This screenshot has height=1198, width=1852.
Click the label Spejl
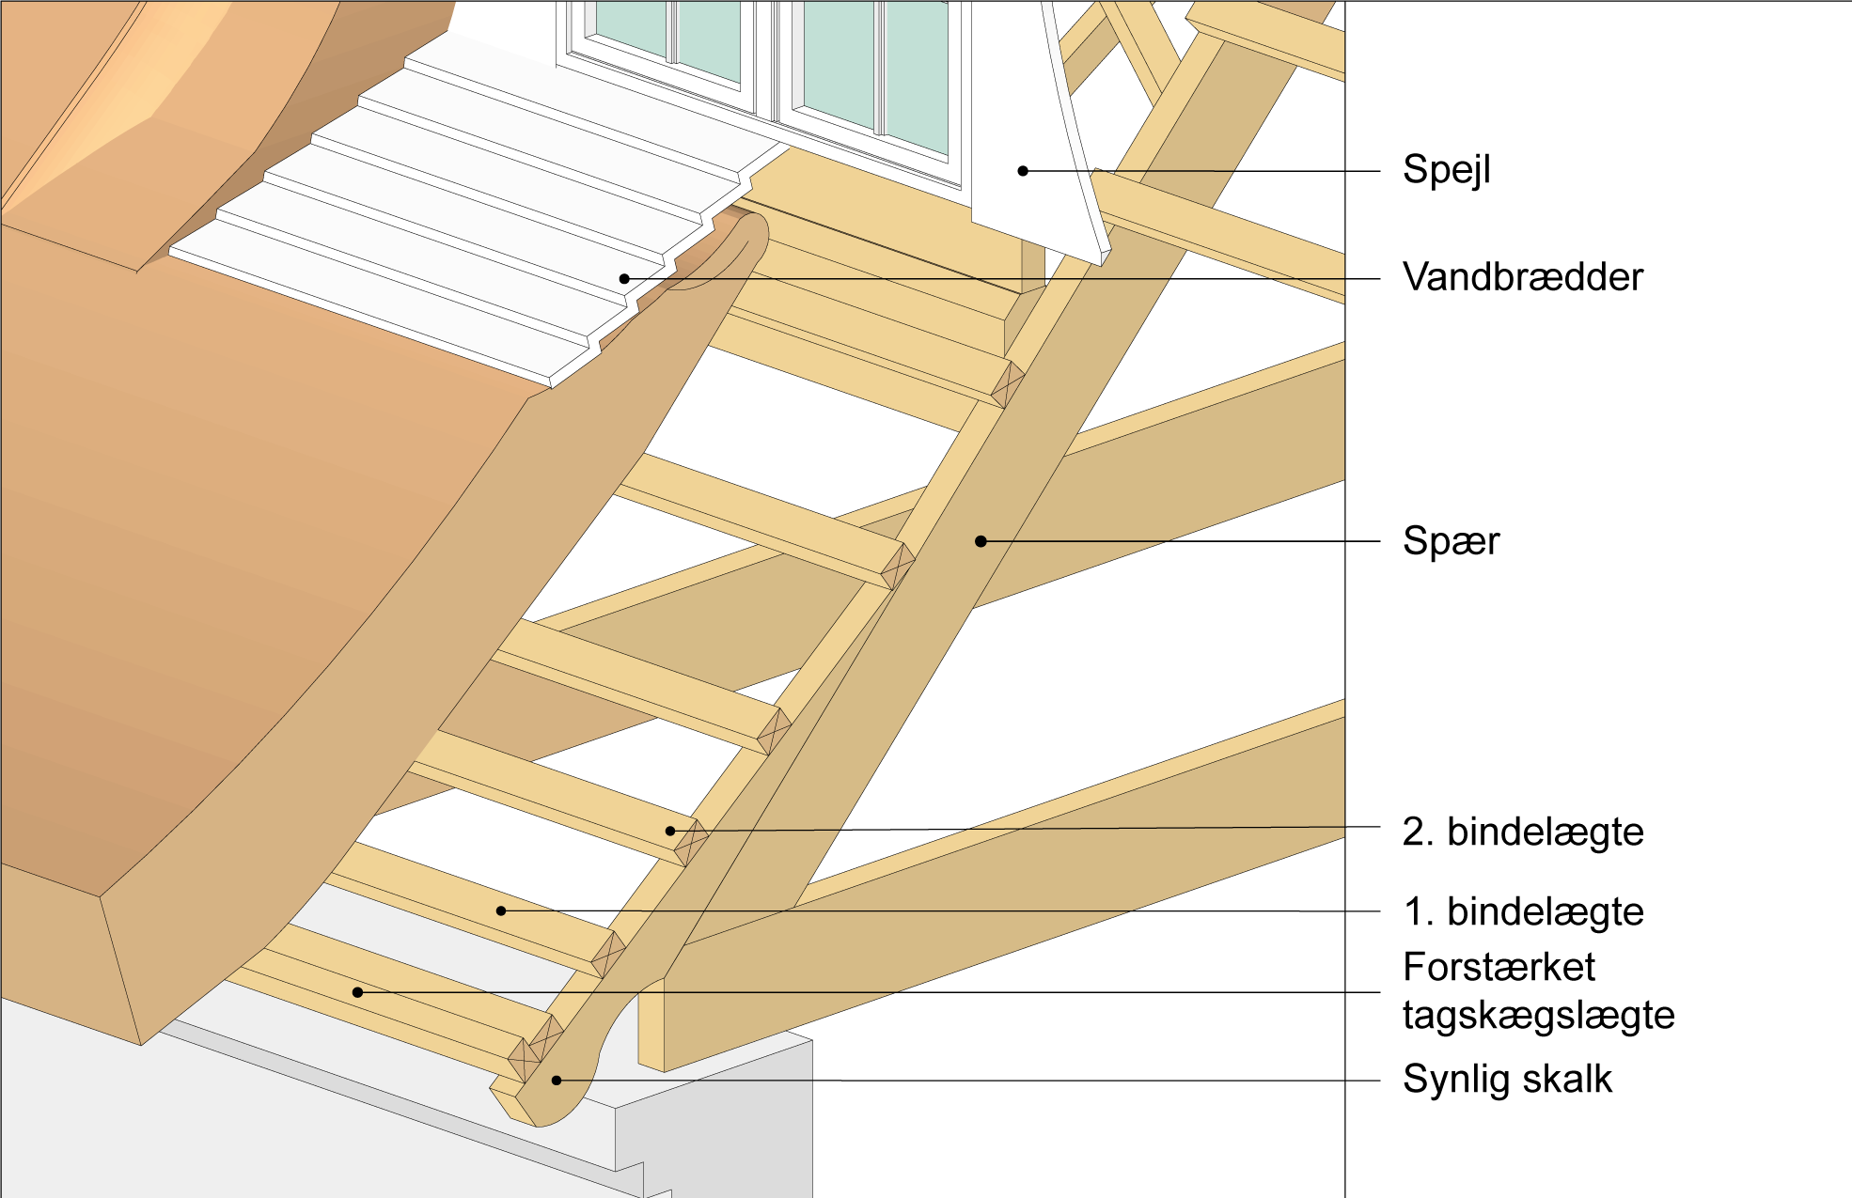point(1446,170)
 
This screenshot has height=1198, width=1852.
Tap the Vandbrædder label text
point(1522,277)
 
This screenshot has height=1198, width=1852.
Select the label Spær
point(1451,541)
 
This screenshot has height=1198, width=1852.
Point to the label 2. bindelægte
point(1522,832)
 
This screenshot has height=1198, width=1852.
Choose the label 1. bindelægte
point(1522,912)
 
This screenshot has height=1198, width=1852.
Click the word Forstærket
point(1499,967)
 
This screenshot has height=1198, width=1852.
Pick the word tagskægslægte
point(1538,1016)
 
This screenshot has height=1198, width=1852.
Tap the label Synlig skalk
point(1506,1080)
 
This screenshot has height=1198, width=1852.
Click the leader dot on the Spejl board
point(1023,171)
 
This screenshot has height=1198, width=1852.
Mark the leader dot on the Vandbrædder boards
point(624,279)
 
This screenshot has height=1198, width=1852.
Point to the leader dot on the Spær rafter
point(981,541)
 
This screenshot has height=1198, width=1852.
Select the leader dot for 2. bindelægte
point(670,831)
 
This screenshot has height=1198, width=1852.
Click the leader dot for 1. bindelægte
point(501,910)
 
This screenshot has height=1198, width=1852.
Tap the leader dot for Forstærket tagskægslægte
point(357,992)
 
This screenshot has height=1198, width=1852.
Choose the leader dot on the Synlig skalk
point(557,1081)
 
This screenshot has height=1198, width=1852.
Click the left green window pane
point(667,38)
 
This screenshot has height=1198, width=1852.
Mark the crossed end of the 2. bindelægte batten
point(691,842)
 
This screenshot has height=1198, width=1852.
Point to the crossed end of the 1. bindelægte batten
point(608,954)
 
